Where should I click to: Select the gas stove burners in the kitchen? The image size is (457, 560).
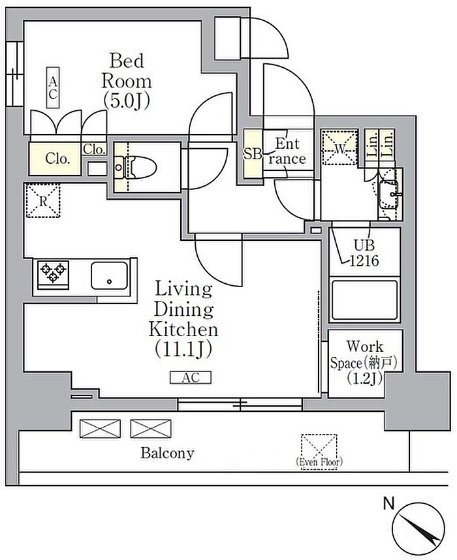pos(52,273)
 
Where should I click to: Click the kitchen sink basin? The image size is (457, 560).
pos(110,275)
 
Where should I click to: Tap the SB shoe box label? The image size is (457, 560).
pos(252,154)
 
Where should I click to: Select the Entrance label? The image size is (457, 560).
pos(287,151)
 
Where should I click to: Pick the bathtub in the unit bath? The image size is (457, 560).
pos(365,300)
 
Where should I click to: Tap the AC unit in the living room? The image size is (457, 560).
pos(191,378)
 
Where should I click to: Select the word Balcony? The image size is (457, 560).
pos(167,453)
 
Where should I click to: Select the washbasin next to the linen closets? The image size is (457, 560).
pos(390,191)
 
